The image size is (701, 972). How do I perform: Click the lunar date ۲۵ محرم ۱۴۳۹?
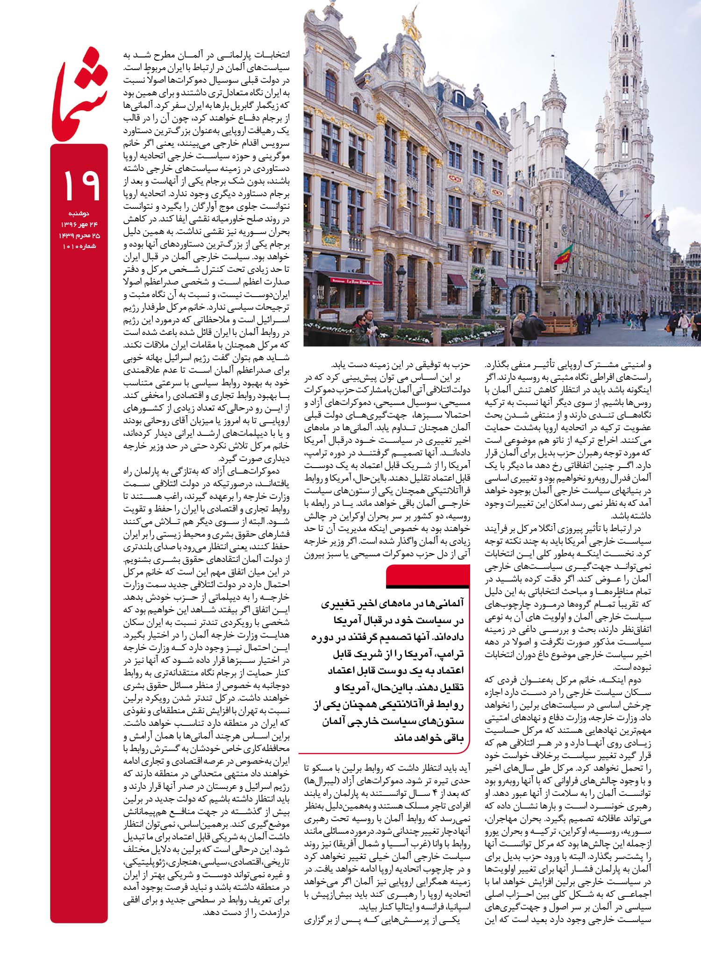(x=79, y=236)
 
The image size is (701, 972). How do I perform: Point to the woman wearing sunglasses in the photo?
(x=360, y=322)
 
